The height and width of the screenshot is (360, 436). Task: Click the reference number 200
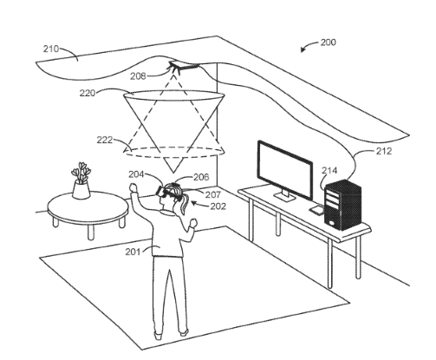click(x=329, y=43)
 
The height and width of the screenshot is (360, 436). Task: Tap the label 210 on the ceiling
click(x=51, y=49)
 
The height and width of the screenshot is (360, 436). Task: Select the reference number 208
click(x=138, y=76)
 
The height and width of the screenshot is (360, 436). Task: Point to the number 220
click(x=88, y=93)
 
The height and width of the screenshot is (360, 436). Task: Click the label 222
click(x=104, y=140)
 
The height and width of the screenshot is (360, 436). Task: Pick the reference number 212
click(x=384, y=151)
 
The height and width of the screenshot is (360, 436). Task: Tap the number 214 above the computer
click(x=329, y=170)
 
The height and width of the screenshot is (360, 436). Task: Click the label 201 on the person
click(x=133, y=252)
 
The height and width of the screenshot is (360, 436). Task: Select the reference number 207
click(x=213, y=194)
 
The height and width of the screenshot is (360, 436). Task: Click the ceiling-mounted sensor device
click(x=184, y=65)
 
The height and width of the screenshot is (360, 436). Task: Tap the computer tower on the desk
click(x=343, y=205)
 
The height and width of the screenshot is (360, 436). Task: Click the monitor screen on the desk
click(x=285, y=169)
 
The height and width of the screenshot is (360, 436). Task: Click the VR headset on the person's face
click(x=162, y=192)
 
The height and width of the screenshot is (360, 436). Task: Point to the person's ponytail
click(x=184, y=205)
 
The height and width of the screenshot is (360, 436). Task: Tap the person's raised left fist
click(x=133, y=187)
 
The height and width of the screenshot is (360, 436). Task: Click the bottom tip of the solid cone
click(x=173, y=173)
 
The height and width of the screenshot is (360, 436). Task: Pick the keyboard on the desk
click(x=317, y=210)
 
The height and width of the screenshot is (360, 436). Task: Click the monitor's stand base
click(x=284, y=197)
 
